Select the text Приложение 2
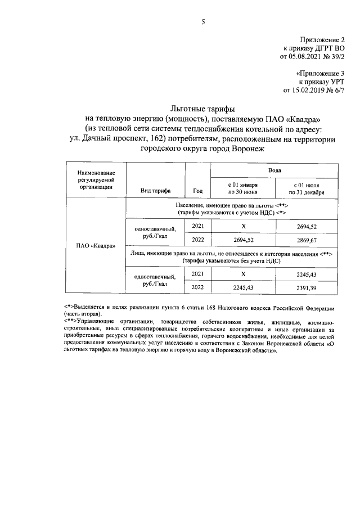[x=321, y=39]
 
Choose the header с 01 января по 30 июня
[x=243, y=187]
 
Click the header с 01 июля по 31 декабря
[x=307, y=187]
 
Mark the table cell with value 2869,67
[x=307, y=239]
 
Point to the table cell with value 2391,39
[x=307, y=287]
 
